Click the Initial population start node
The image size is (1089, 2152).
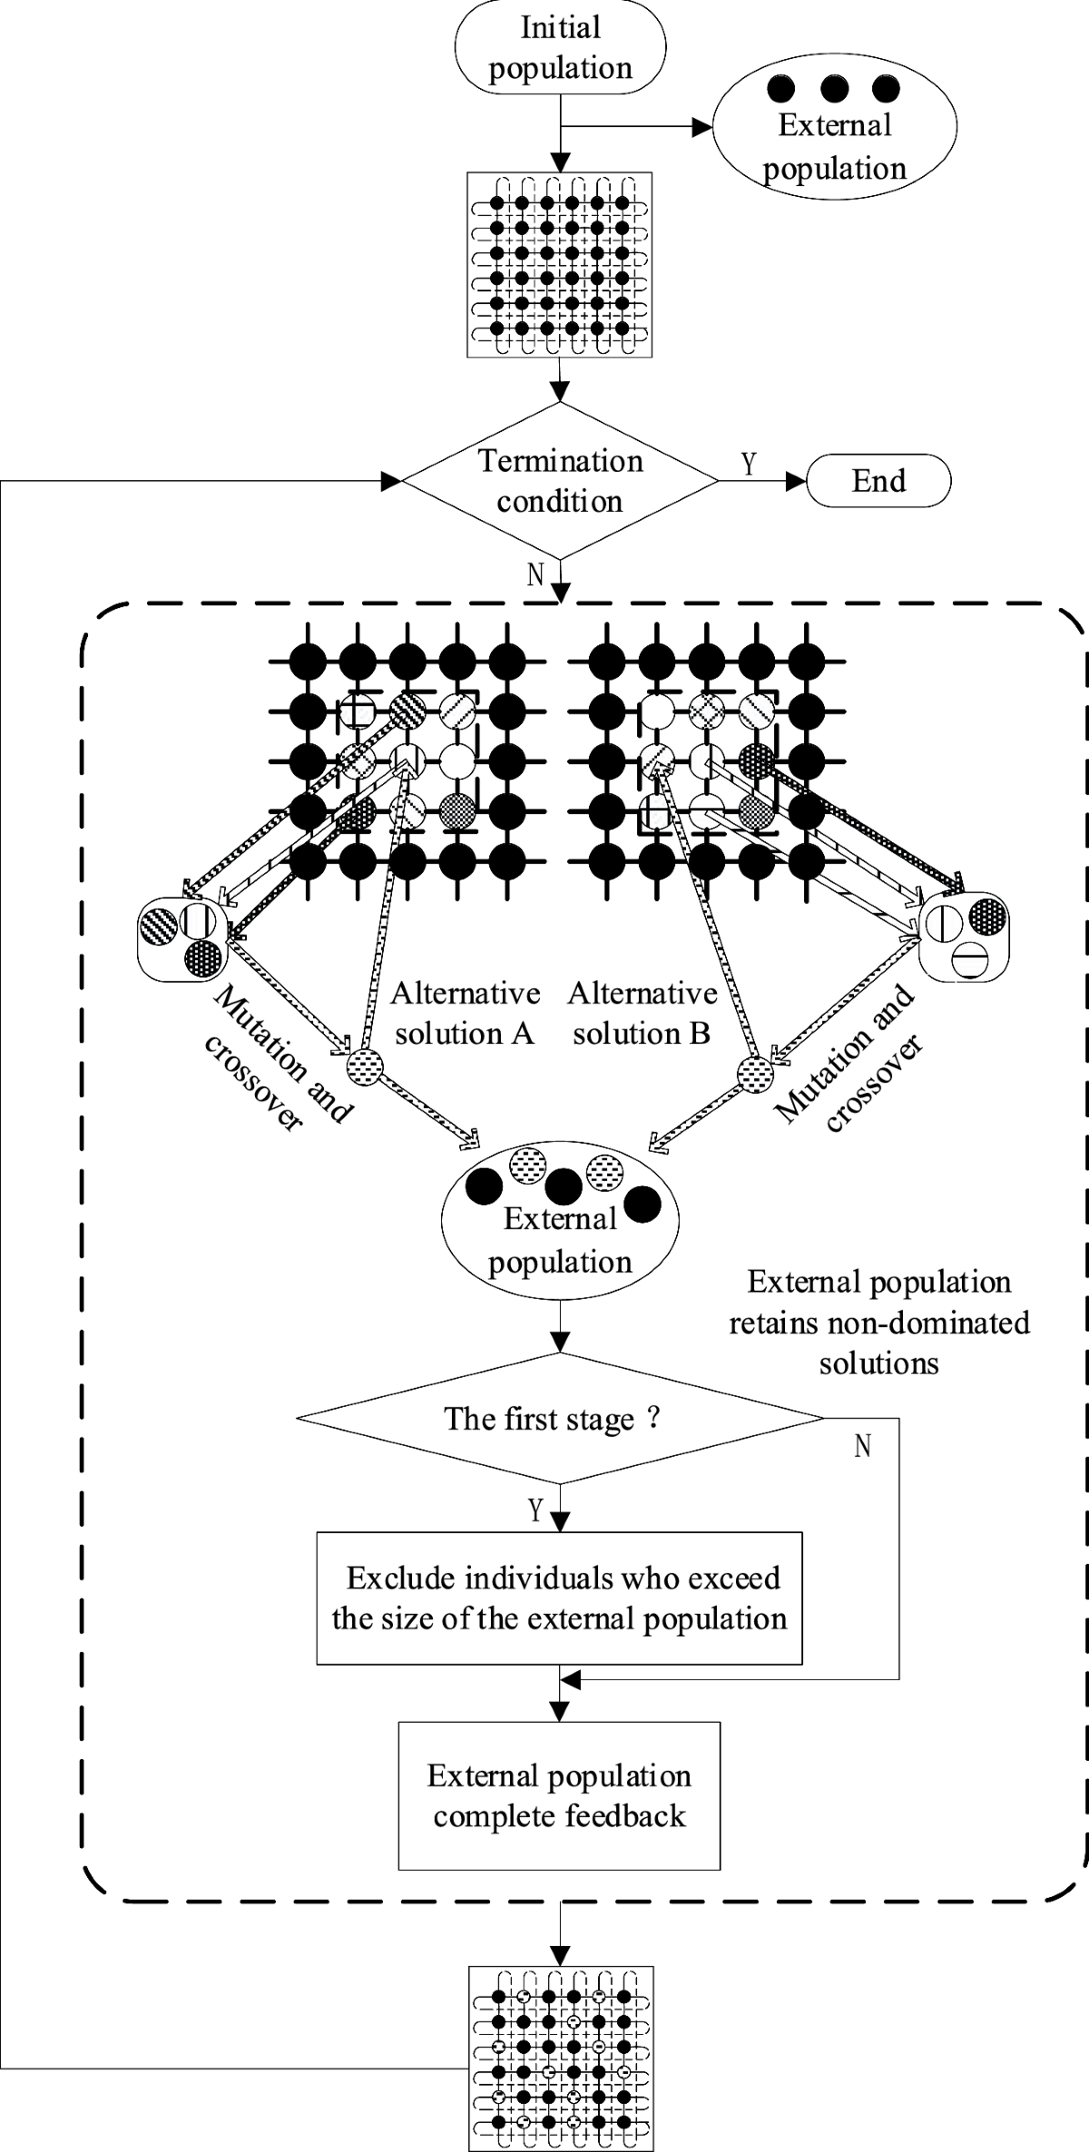coord(561,47)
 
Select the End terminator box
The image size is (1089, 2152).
coord(878,481)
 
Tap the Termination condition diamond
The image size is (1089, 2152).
coord(560,481)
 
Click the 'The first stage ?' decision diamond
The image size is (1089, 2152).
coord(561,1418)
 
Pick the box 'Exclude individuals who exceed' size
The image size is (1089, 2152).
coord(560,1598)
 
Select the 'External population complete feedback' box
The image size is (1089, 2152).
coord(560,1795)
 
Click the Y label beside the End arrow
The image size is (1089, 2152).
coord(749,465)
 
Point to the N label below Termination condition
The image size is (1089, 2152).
coord(535,575)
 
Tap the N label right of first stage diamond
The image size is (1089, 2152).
coord(863,1446)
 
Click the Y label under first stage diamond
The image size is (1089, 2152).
coord(535,1510)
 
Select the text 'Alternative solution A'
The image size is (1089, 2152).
coord(466,1014)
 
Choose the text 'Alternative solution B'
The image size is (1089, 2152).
coord(643,1014)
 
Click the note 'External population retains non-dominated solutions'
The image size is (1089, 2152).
coord(879,1322)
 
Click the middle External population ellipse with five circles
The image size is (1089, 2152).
coord(560,1221)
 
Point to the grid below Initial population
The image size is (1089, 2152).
coord(560,264)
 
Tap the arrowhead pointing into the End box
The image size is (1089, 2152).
coord(796,481)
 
